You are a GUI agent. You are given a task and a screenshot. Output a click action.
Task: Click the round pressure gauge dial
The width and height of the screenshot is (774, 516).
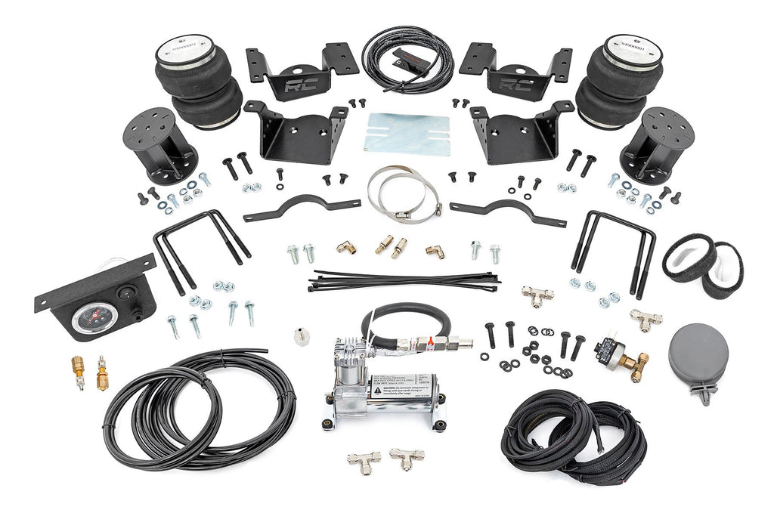pos(89,317)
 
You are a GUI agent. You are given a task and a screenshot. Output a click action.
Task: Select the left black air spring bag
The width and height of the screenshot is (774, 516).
pos(197,83)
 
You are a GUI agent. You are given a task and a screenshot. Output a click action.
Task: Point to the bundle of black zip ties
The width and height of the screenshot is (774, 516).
pos(403,281)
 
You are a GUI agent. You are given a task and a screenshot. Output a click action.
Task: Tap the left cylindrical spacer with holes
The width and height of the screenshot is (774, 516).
pos(159,144)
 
